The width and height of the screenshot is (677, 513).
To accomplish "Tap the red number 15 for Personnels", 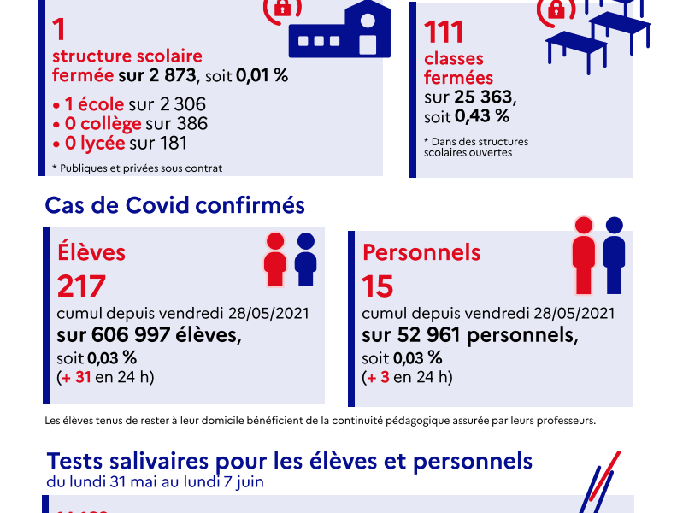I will [x=377, y=286].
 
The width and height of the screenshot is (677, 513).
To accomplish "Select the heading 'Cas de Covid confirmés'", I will [x=174, y=206].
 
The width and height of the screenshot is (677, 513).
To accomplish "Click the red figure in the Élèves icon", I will [x=275, y=259].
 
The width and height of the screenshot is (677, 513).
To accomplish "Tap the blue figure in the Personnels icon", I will [x=614, y=254].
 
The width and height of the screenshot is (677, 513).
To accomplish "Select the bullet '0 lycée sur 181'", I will [x=120, y=143].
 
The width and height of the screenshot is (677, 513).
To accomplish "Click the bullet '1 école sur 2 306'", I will [x=129, y=104].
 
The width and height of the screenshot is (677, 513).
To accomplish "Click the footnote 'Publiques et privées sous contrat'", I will [x=139, y=168].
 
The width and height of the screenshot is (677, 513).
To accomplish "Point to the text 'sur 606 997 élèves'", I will [x=150, y=334].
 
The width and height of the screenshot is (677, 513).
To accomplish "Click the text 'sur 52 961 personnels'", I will [x=469, y=334].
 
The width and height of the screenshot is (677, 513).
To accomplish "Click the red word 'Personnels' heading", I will [x=421, y=253].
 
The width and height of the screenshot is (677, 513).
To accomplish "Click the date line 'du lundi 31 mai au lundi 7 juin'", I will [x=155, y=481].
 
